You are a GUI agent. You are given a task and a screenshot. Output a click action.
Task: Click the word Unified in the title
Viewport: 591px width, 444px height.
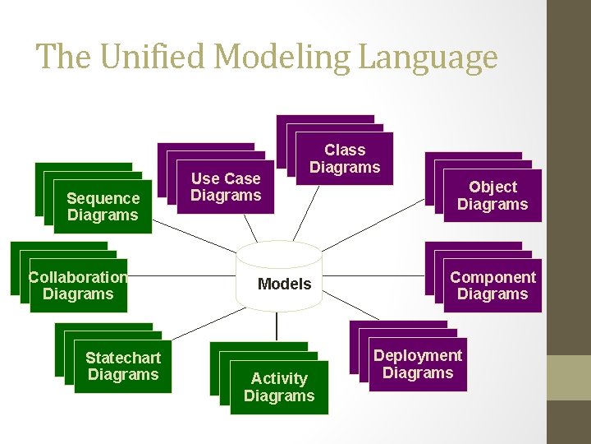click(150, 57)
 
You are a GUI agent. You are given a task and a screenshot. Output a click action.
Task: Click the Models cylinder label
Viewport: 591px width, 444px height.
click(284, 284)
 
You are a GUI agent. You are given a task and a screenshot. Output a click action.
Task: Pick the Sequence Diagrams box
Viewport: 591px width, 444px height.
click(103, 207)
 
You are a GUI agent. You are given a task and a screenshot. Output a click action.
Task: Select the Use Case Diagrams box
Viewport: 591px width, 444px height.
click(225, 187)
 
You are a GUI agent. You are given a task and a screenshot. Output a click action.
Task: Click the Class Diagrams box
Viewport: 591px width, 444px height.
click(344, 159)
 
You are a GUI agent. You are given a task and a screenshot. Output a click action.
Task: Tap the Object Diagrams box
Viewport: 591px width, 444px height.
click(492, 196)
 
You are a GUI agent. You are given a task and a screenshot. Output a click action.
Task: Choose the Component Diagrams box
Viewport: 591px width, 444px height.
click(492, 285)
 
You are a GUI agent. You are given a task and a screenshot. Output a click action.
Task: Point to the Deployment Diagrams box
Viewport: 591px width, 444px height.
click(418, 364)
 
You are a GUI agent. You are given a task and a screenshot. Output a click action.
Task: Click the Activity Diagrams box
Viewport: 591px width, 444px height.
click(279, 387)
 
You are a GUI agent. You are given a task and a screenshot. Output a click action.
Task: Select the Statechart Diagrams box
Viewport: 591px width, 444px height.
click(123, 366)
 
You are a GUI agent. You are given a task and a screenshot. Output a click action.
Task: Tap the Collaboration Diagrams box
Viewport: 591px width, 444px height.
click(78, 285)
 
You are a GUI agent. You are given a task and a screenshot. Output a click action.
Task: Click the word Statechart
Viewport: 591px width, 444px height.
click(123, 358)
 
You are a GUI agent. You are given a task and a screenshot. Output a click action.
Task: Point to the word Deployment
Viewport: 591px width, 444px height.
click(418, 355)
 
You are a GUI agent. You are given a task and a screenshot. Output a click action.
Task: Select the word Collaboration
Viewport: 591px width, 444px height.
click(78, 277)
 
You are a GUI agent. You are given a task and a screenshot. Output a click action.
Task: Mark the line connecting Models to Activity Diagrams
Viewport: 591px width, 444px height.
click(278, 327)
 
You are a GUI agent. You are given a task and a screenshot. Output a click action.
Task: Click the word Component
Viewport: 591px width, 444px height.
click(492, 277)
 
